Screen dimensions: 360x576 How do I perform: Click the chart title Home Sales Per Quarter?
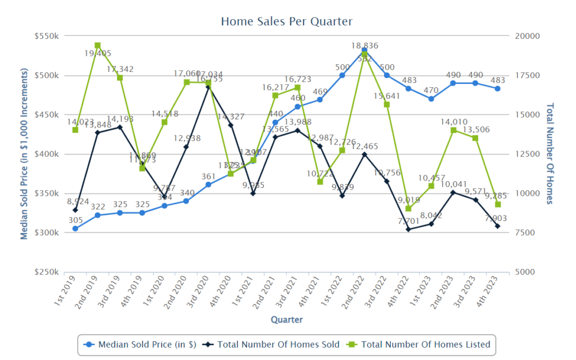[286, 21]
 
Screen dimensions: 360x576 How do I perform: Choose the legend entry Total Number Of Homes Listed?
[419, 344]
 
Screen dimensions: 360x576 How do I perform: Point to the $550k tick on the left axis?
[47, 36]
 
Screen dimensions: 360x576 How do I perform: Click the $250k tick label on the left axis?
[47, 272]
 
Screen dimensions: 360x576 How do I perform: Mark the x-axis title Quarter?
[286, 319]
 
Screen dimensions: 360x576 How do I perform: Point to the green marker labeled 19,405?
[97, 46]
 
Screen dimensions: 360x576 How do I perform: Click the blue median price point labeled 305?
[75, 228]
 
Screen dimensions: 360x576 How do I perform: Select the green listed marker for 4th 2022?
[408, 209]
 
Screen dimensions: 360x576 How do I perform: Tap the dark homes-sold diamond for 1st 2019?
[75, 210]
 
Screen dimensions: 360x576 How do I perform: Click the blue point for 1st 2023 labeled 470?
[431, 99]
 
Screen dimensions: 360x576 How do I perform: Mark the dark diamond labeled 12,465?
[364, 154]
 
